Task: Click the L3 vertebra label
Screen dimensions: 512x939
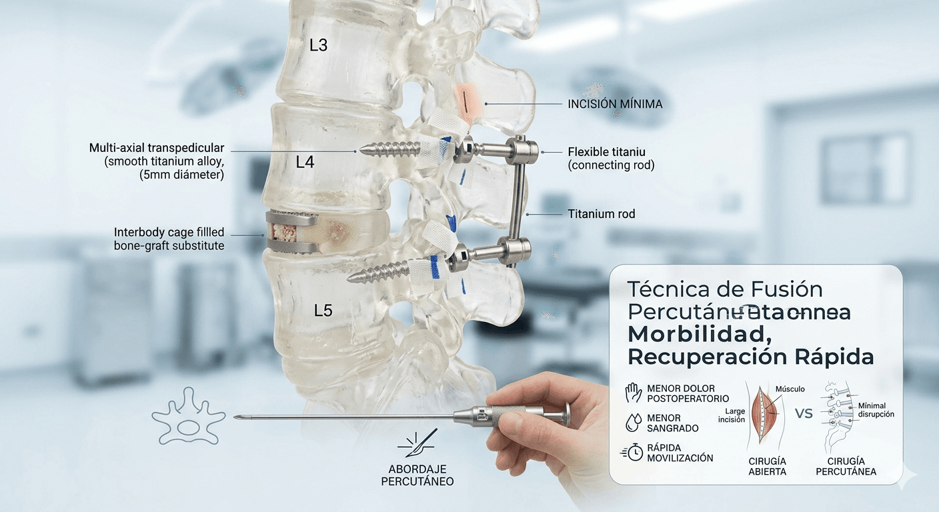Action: pos(319,46)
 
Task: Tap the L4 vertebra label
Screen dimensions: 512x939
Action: pos(305,162)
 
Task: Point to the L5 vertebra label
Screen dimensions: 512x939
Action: pos(323,310)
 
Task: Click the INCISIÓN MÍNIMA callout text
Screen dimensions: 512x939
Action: pos(615,104)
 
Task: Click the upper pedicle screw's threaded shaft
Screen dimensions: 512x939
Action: pos(391,149)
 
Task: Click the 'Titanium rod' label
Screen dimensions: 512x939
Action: pos(602,214)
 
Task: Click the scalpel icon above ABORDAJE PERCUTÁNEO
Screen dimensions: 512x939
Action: pos(416,443)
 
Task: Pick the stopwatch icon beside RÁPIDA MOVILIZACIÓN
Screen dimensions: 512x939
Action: pos(633,452)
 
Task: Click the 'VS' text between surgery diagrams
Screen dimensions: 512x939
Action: pos(804,413)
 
